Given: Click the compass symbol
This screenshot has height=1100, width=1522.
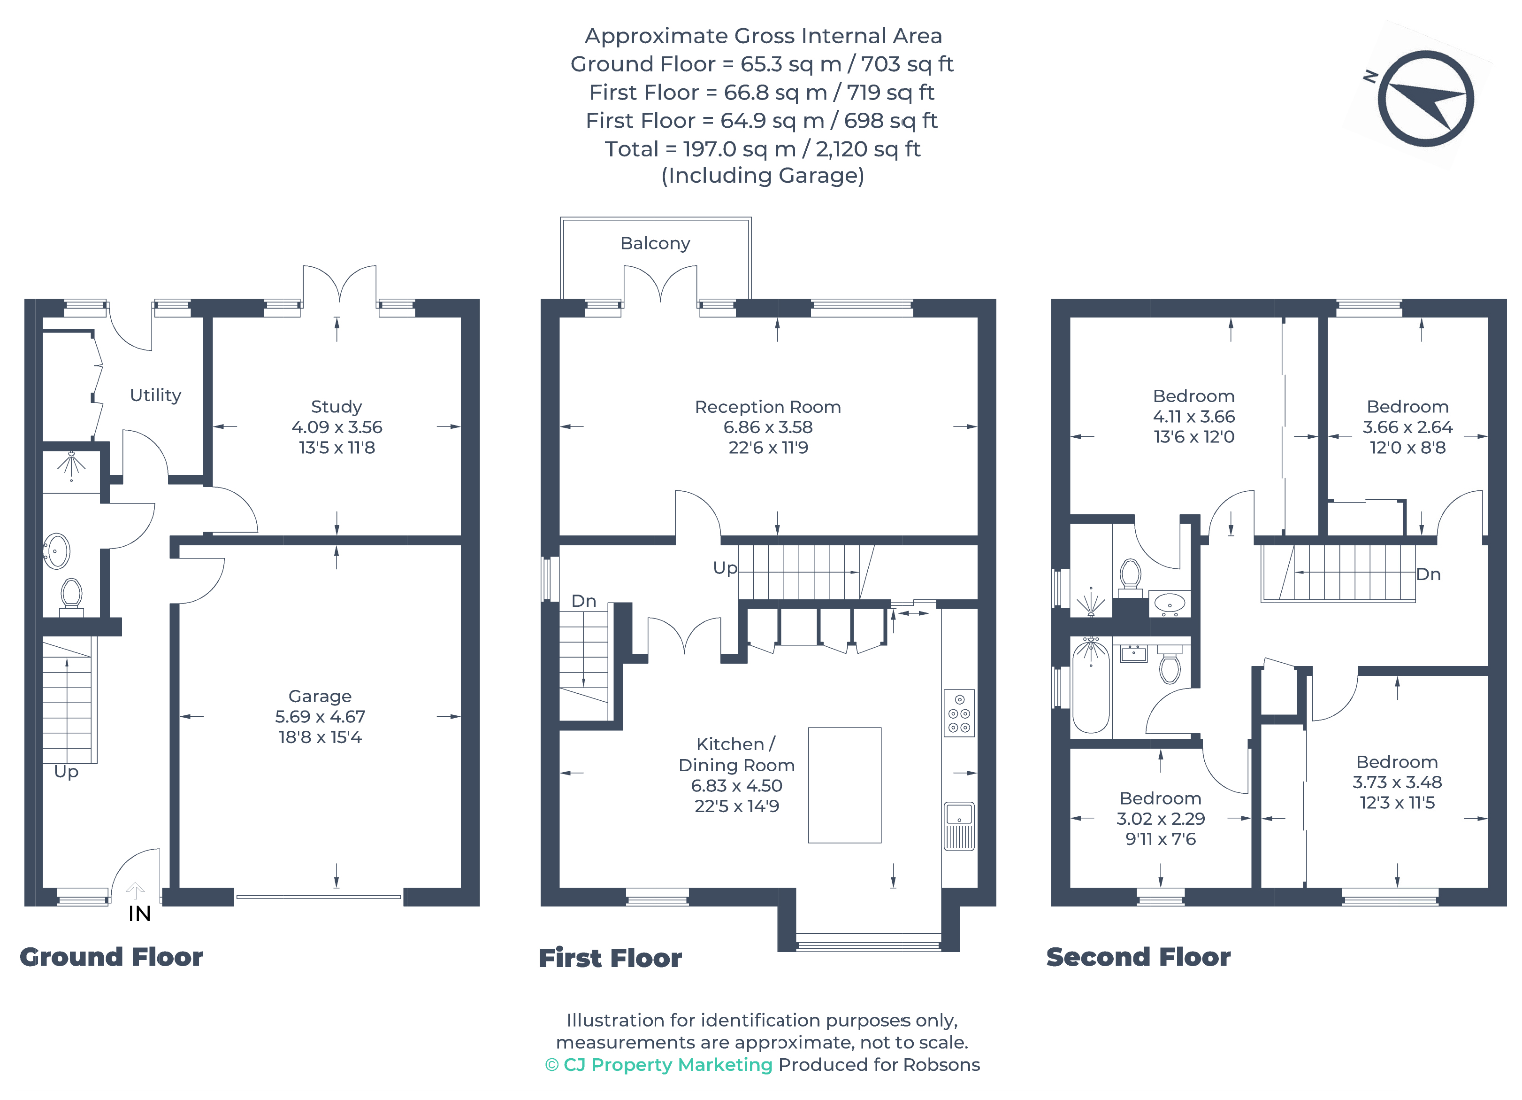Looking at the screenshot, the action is tap(1425, 99).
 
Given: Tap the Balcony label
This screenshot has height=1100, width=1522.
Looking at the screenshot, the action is tap(655, 243).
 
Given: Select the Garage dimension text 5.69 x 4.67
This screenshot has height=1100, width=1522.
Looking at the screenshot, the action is tap(320, 717).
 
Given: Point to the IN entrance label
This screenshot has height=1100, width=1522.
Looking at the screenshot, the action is tap(139, 914).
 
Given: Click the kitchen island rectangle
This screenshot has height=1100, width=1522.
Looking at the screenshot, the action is tap(844, 785).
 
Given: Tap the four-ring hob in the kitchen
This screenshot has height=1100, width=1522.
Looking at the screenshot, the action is tap(959, 713).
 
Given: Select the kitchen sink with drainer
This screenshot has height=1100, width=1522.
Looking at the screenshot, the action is tap(959, 827).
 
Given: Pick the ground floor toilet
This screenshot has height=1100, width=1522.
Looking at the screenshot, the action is tap(71, 597).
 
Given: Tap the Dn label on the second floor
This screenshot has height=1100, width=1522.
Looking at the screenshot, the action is tap(1428, 574).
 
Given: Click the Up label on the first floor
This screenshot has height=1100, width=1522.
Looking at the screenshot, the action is tap(725, 568).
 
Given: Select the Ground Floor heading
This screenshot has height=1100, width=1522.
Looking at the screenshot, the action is tap(111, 957).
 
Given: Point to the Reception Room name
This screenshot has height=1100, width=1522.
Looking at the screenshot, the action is tap(768, 407).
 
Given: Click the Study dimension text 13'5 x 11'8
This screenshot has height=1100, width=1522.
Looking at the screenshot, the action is tap(337, 447).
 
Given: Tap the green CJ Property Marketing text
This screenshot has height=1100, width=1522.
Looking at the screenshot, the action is tap(668, 1064).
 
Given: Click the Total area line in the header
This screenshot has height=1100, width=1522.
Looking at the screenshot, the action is tap(762, 148).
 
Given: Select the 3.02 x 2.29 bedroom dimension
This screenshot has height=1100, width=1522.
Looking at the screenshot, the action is tap(1160, 819).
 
